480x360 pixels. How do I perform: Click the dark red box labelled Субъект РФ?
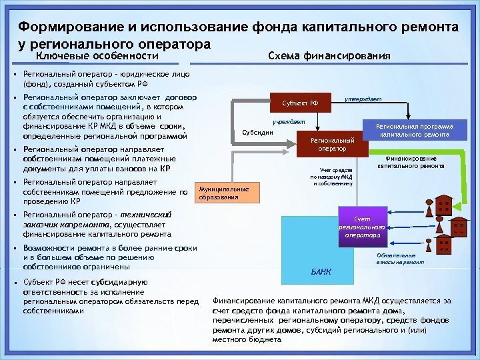301,103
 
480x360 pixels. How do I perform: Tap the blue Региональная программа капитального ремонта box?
414,130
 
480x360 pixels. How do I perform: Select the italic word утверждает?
363,99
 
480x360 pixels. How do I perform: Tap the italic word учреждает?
289,122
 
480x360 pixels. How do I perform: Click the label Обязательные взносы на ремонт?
395,259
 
